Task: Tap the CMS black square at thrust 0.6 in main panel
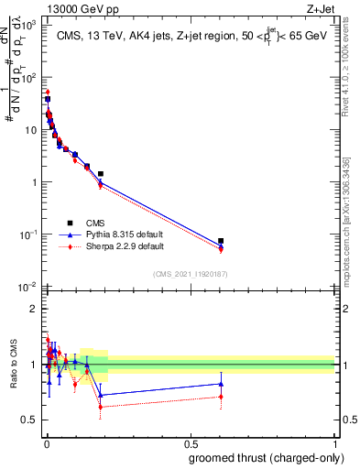point(221,241)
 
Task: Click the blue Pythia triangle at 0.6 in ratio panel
point(221,384)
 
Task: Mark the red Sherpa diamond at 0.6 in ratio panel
point(221,397)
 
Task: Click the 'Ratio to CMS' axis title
point(12,366)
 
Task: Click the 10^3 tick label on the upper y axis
point(29,25)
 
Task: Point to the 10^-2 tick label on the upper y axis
point(29,288)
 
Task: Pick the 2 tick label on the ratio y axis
point(33,309)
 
